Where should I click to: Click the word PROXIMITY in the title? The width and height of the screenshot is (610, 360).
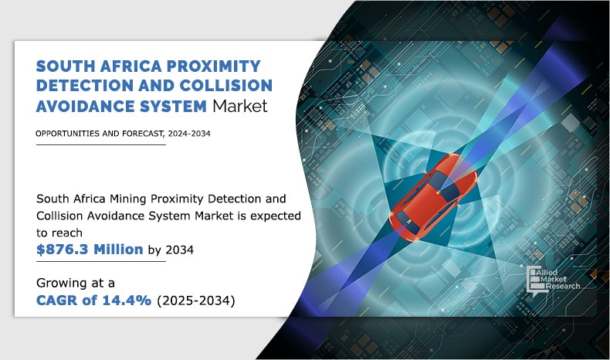click(214, 66)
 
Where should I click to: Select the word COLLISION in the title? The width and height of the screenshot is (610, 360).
click(226, 86)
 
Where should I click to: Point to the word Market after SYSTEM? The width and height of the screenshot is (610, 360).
click(240, 106)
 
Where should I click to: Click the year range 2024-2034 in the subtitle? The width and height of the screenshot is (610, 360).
click(189, 134)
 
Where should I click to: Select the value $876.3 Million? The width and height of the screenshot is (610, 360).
click(90, 249)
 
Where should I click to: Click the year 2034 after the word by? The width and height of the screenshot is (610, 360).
click(180, 250)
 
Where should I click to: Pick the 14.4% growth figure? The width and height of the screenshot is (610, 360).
click(127, 300)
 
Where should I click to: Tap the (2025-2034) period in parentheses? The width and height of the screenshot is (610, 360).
click(196, 301)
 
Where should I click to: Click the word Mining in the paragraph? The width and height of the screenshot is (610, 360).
click(128, 199)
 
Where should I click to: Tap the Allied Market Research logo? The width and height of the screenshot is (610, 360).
click(553, 280)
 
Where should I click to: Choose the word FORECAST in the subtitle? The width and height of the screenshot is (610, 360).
click(143, 134)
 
